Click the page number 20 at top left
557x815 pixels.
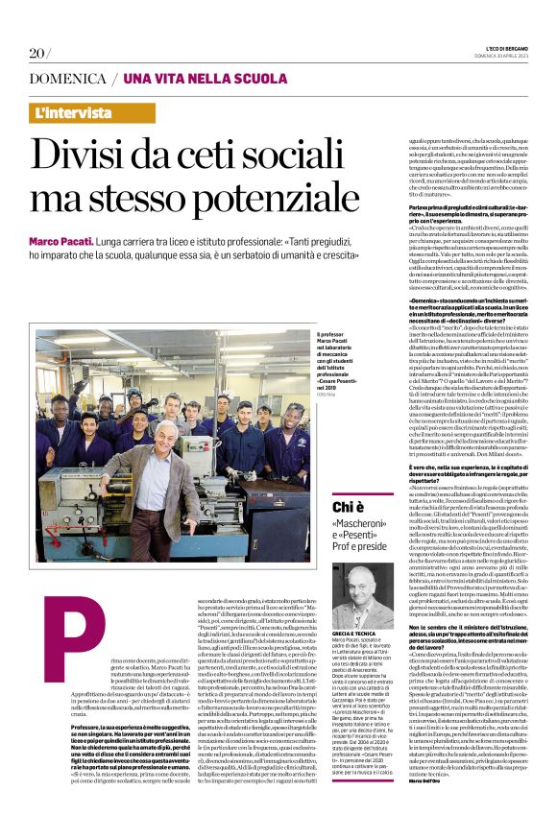(38, 52)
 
